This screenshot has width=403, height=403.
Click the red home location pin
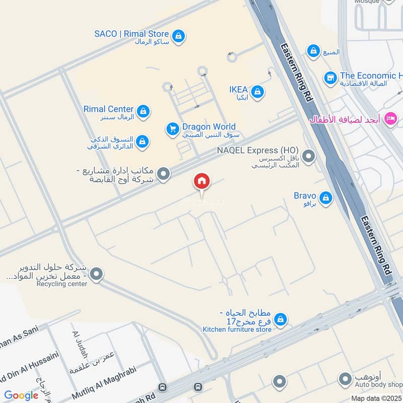pyautogui.click(x=202, y=181)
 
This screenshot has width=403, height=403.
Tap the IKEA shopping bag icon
pyautogui.click(x=257, y=92)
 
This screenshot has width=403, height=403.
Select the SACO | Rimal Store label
pyautogui.click(x=131, y=34)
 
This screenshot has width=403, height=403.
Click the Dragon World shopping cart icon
pyautogui.click(x=173, y=129)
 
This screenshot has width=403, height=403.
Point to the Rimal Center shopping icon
pyautogui.click(x=144, y=111)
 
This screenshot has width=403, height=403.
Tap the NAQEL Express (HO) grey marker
pyautogui.click(x=308, y=156)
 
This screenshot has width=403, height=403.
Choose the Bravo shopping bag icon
pyautogui.click(x=326, y=198)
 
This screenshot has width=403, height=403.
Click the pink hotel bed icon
pyautogui.click(x=390, y=119)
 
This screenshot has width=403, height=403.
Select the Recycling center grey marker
pyautogui.click(x=97, y=275)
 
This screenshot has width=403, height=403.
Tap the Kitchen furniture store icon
pyautogui.click(x=281, y=319)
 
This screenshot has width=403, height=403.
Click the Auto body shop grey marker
pyautogui.click(x=345, y=379)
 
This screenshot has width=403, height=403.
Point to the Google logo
pyautogui.click(x=21, y=395)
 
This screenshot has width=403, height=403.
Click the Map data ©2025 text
pyautogui.click(x=377, y=398)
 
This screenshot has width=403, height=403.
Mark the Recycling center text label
pyautogui.click(x=62, y=284)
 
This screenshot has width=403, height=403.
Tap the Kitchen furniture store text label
pyautogui.click(x=237, y=329)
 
